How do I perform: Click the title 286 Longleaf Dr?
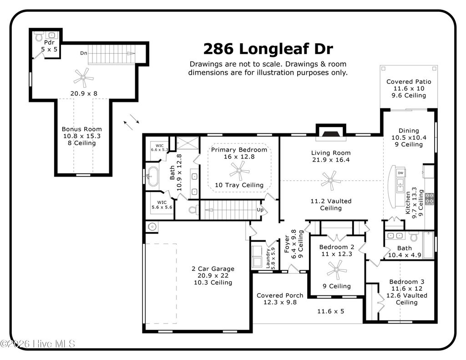[x=268, y=48]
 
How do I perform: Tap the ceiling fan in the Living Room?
[x=331, y=180]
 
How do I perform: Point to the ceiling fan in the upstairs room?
[x=83, y=77]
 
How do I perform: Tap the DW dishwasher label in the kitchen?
[x=400, y=173]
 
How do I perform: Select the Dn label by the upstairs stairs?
[x=84, y=53]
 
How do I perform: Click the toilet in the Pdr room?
[x=39, y=35]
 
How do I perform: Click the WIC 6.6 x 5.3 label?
[x=159, y=147]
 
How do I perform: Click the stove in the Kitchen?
[x=429, y=198]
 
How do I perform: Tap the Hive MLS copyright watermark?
[x=38, y=344]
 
